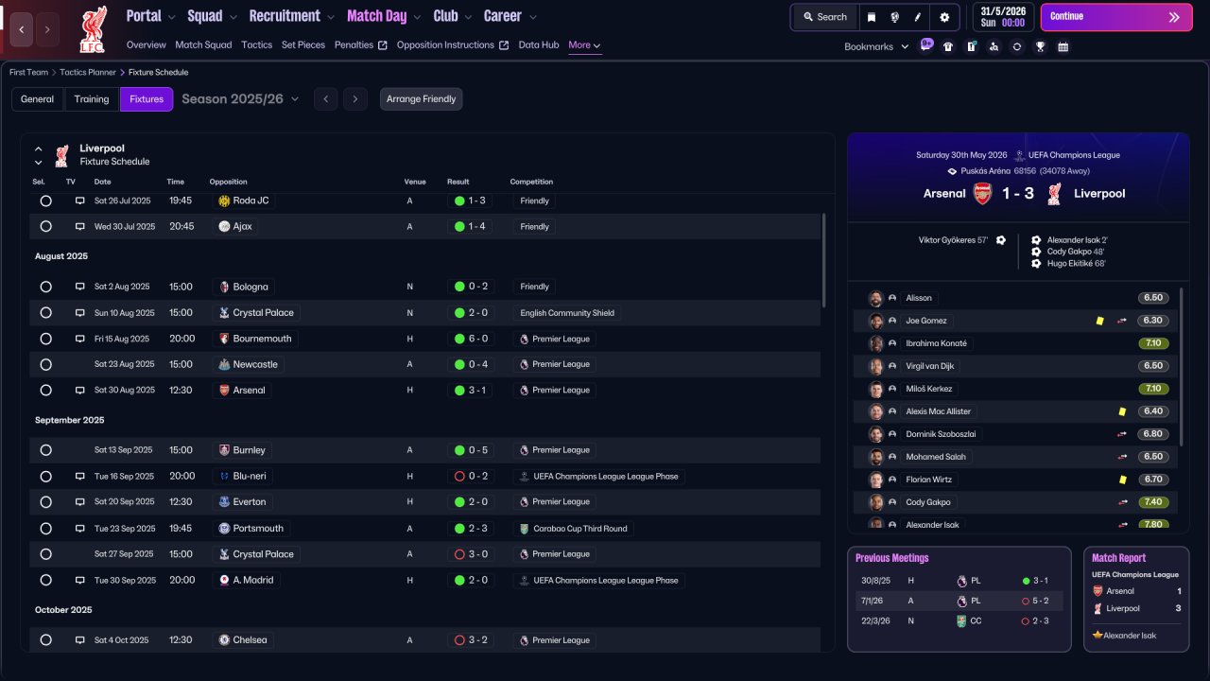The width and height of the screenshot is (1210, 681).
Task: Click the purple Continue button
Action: (1116, 17)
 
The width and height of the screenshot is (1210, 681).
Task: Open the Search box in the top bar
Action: (825, 17)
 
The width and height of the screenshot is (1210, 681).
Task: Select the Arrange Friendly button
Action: (421, 99)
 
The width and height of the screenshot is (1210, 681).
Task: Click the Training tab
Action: (92, 99)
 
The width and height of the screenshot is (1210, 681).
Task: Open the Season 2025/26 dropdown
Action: (240, 99)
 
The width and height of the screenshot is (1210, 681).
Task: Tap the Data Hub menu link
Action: (539, 44)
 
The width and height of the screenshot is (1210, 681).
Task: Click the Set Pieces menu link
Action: (303, 44)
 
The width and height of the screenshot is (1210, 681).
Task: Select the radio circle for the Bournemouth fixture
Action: (46, 339)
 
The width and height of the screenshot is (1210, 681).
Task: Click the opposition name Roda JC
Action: (251, 201)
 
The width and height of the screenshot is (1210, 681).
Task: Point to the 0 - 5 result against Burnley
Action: (477, 450)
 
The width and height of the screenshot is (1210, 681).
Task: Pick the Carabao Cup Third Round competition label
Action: (580, 529)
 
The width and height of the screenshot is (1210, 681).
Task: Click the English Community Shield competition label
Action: (567, 313)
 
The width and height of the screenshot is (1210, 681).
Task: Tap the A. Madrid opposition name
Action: (252, 580)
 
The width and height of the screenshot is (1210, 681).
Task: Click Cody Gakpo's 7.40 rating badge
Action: (1152, 502)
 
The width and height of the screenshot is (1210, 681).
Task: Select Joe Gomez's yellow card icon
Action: (1099, 321)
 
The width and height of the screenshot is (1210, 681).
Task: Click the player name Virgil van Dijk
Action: (929, 366)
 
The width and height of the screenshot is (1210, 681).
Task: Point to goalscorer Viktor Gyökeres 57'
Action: (953, 240)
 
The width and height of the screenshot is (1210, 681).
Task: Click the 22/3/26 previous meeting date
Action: (875, 621)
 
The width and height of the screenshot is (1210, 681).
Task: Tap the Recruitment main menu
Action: (285, 16)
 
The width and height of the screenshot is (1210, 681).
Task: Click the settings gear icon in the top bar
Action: (944, 17)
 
